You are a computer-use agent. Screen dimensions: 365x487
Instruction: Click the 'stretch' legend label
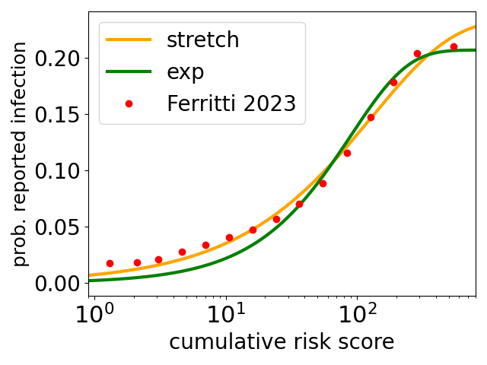(202, 40)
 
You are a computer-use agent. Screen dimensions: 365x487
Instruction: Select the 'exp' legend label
(185, 72)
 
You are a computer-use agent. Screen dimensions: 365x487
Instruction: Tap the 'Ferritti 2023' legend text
(231, 103)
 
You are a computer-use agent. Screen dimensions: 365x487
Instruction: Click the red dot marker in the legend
(129, 103)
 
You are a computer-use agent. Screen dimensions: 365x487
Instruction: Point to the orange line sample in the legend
(129, 40)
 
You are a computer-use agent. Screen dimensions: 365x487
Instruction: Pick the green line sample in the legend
(129, 72)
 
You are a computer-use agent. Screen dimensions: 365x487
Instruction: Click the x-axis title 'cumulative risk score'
(282, 342)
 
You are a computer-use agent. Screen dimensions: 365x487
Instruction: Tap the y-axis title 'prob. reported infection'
(21, 154)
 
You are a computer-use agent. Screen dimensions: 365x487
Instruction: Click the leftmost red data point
(110, 263)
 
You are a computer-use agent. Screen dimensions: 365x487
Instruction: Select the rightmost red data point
(454, 46)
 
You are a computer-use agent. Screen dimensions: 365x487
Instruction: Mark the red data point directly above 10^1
(229, 237)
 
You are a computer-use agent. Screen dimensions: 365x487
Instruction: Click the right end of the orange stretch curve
(476, 27)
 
